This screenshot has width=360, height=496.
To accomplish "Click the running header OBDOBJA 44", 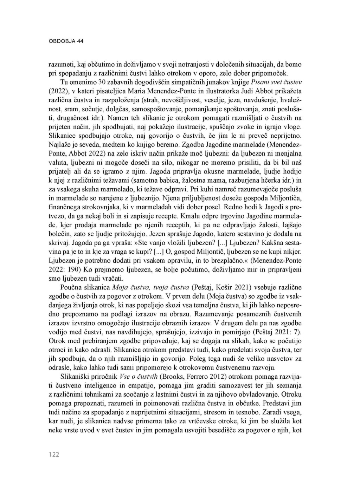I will (x=66, y=41).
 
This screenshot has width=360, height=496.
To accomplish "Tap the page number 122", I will (x=54, y=455).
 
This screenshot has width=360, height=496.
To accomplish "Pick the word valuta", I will (x=59, y=162).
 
